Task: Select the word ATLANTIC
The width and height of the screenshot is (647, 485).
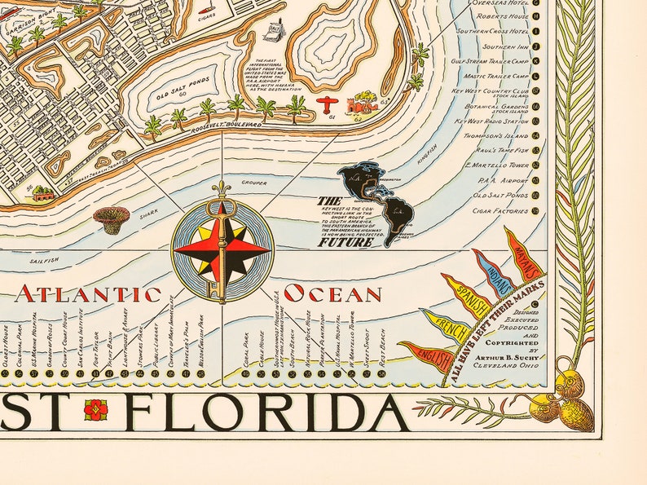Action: (88, 294)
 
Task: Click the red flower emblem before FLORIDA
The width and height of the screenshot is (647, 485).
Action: (95, 409)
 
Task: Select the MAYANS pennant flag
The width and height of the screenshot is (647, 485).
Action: (523, 253)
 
